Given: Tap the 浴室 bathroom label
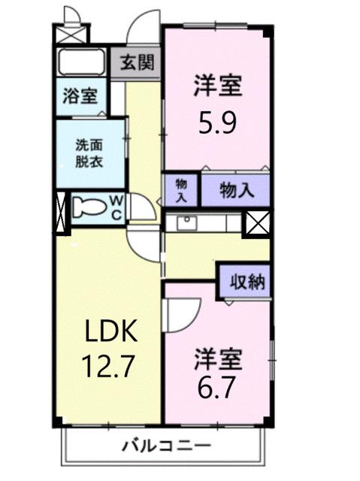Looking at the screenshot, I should point(79,97).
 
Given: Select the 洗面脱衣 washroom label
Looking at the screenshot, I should point(88,153).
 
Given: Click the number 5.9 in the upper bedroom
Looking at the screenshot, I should point(217,121).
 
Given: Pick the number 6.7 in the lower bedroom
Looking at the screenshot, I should point(219,390).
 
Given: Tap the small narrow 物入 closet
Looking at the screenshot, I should point(182,189).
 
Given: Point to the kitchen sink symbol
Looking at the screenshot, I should point(186,222).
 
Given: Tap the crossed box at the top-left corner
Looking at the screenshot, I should point(72,33).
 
